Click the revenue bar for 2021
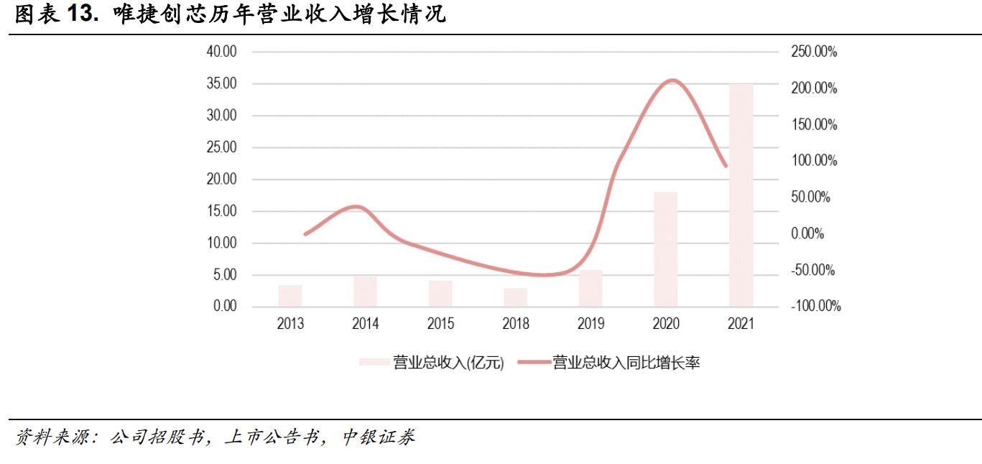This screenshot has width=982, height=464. pyautogui.click(x=741, y=195)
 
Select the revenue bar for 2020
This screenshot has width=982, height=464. pyautogui.click(x=666, y=249)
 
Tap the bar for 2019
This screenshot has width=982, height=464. pyautogui.click(x=590, y=288)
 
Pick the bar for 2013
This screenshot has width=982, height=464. pyautogui.click(x=290, y=296)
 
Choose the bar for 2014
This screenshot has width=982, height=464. pyautogui.click(x=365, y=292)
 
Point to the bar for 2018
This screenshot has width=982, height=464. pyautogui.click(x=515, y=297)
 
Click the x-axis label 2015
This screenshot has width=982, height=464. pyautogui.click(x=440, y=324)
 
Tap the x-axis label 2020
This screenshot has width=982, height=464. pyautogui.click(x=666, y=324)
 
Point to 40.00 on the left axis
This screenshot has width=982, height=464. pyautogui.click(x=221, y=52)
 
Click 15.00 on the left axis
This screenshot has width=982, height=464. pyautogui.click(x=221, y=211)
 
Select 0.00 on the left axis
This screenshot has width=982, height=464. pyautogui.click(x=223, y=307)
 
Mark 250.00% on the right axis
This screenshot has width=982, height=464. pyautogui.click(x=815, y=52)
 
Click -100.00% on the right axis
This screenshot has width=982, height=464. pyautogui.click(x=816, y=307)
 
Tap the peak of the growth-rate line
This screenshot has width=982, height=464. pyautogui.click(x=672, y=80)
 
